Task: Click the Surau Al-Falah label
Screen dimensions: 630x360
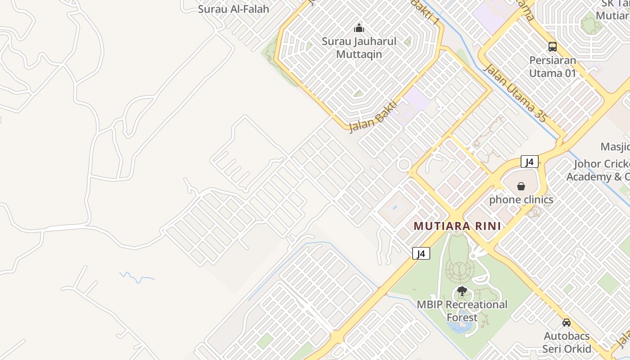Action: tap(234, 9)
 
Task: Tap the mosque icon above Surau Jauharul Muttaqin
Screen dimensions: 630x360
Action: tap(359, 28)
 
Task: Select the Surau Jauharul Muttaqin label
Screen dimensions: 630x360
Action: tap(359, 48)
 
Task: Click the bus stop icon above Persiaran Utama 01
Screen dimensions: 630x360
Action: tap(552, 46)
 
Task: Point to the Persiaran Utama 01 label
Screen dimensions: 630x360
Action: tap(552, 67)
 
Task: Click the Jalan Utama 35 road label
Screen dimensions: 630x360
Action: tap(515, 93)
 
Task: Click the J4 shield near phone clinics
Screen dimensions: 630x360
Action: tap(530, 162)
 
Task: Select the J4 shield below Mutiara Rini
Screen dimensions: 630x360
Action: tap(421, 253)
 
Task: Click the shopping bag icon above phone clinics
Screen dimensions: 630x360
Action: tap(521, 186)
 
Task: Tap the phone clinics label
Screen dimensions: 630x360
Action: tap(521, 199)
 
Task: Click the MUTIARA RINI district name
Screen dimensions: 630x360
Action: tap(457, 226)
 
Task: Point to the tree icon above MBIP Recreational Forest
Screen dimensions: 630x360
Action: tap(462, 291)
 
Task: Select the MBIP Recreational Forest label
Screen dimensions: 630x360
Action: tap(462, 311)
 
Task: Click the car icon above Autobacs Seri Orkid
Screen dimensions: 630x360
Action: tap(566, 323)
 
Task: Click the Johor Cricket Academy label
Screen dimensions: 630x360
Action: tap(598, 170)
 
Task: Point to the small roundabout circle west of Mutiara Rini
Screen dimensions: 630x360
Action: tap(404, 165)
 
